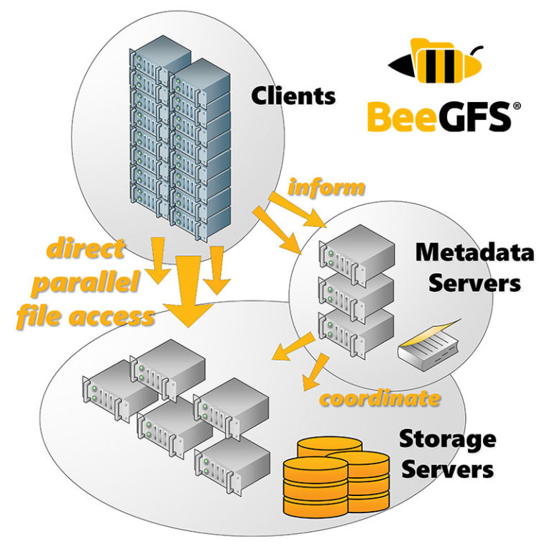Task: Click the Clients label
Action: tap(293, 96)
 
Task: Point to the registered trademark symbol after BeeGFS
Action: tap(516, 107)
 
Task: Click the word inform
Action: tap(326, 188)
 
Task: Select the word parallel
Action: tap(88, 283)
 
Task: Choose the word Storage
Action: tap(447, 438)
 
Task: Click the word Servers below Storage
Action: tap(447, 470)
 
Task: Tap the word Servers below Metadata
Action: tap(474, 282)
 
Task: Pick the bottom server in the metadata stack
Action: tap(358, 333)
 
